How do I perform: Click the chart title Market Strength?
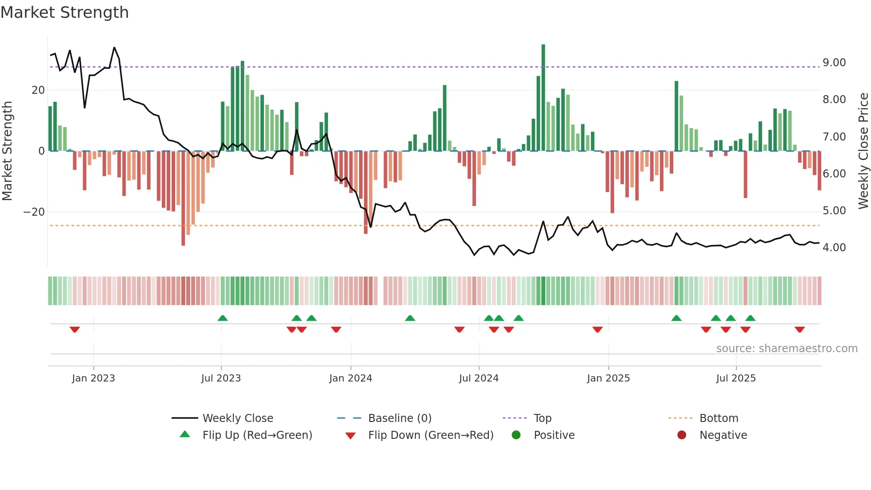pos(64,12)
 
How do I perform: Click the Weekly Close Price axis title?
pos(863,151)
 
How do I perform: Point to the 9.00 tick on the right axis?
pos(834,63)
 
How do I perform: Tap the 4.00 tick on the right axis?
pos(834,248)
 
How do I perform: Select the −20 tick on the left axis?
pos(34,212)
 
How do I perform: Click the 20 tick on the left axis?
pos(38,90)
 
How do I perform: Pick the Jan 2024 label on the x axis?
pos(350,378)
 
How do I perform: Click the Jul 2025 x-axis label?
pos(735,378)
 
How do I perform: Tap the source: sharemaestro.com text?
pos(787,349)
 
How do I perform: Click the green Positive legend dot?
pos(516,435)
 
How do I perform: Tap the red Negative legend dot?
pos(682,435)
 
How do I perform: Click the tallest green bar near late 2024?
pos(543,98)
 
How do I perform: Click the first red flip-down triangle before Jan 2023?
pos(75,329)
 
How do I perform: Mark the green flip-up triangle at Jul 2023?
pos(223,318)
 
